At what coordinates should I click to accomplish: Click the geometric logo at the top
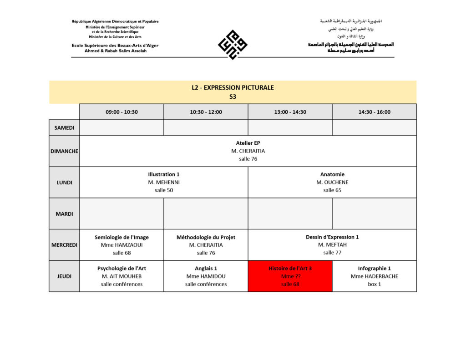(x=233, y=45)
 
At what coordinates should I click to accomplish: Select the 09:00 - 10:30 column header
(x=122, y=112)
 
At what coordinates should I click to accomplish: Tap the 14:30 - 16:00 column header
(x=374, y=112)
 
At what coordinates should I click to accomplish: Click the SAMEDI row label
(x=64, y=128)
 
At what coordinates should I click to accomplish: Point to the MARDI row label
(x=64, y=213)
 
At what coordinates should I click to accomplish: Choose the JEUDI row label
(x=64, y=276)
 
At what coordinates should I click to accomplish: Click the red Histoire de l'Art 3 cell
(x=290, y=276)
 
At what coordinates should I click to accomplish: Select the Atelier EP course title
(x=248, y=143)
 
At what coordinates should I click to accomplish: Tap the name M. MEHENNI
(x=164, y=182)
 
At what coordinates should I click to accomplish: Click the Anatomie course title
(x=332, y=174)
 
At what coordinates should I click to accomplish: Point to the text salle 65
(x=332, y=190)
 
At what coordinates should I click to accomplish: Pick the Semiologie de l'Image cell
(x=122, y=245)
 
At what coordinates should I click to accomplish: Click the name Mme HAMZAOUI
(x=122, y=245)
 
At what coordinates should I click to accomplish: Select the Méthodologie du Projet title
(x=206, y=237)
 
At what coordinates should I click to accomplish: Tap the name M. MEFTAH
(x=332, y=245)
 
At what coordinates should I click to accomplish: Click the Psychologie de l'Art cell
(x=122, y=276)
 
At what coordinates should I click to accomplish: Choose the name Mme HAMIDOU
(x=206, y=276)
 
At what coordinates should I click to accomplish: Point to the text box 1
(x=374, y=284)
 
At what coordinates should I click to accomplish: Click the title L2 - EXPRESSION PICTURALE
(x=233, y=87)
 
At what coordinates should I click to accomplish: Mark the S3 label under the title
(x=233, y=96)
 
